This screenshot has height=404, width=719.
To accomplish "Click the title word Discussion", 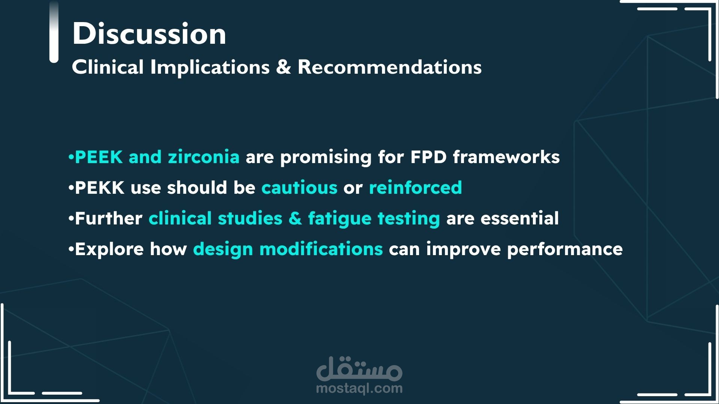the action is point(149,33).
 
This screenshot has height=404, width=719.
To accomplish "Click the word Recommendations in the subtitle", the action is point(389,67).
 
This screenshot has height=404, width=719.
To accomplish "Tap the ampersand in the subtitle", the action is point(283,67).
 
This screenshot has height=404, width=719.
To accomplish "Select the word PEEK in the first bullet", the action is point(99,157).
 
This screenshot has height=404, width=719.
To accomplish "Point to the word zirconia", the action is point(204,157).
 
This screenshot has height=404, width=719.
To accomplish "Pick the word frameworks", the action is point(506,157).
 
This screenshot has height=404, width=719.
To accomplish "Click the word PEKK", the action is point(100,187).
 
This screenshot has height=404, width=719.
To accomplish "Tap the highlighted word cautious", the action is point(299,187).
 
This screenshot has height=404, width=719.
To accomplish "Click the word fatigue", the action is point(340,219).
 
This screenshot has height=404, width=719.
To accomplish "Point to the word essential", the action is point(519,218).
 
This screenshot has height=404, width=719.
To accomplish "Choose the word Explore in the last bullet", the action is point(109,249).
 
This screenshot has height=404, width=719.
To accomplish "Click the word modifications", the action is point(321,249).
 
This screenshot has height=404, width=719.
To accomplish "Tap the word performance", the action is point(565,250).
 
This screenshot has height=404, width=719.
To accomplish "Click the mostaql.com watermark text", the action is point(359,388).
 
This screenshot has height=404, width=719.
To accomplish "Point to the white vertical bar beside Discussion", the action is point(54,32).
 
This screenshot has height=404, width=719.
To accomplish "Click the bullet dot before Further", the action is point(71,219).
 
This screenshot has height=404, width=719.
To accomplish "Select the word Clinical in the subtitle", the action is point(108,67).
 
